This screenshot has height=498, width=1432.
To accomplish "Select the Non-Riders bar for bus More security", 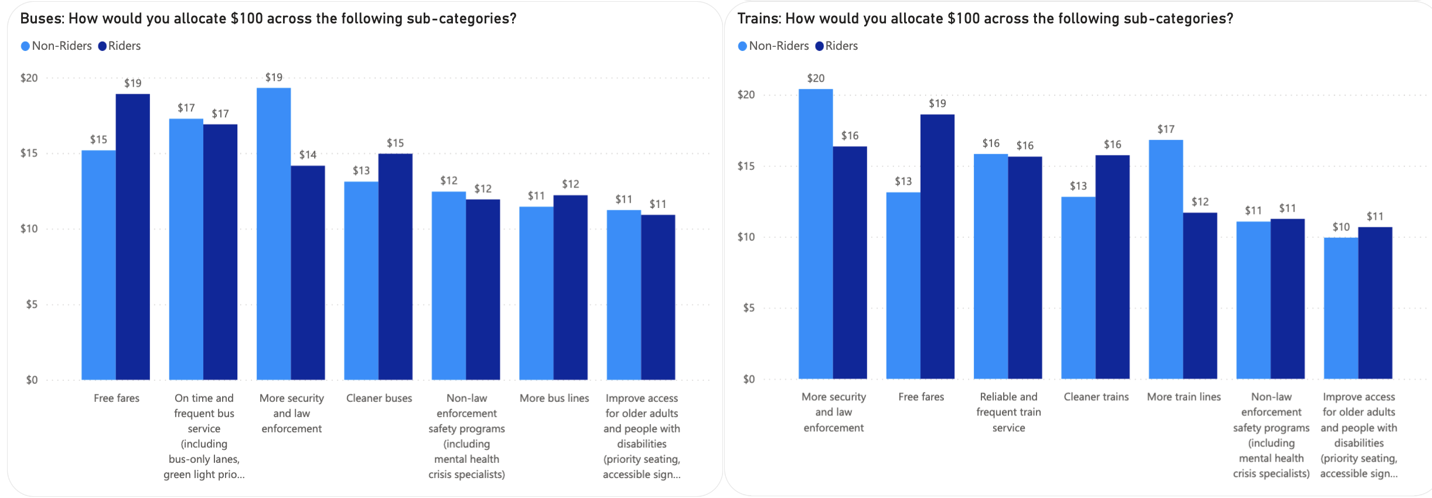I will [274, 234].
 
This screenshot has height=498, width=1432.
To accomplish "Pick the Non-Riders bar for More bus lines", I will [536, 293].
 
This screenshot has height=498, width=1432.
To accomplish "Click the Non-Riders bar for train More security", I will [816, 234].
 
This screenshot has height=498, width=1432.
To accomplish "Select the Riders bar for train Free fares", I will [937, 247].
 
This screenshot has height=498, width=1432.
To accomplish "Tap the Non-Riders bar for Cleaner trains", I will [1078, 288].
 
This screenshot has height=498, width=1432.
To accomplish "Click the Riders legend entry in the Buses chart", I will [120, 46].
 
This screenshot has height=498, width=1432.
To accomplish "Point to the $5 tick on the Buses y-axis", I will [32, 304].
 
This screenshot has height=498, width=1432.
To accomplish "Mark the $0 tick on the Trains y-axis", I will [749, 379].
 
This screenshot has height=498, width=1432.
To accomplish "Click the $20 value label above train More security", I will [816, 78].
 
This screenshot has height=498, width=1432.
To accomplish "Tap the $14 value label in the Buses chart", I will [308, 155].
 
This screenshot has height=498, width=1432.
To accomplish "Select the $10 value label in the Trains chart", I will [1341, 227].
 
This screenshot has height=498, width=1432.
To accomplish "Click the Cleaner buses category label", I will [379, 398].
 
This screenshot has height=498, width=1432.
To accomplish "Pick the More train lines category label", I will [1184, 397].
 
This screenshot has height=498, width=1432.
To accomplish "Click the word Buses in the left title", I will [42, 19].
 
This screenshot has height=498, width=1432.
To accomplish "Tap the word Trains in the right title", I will [758, 19].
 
